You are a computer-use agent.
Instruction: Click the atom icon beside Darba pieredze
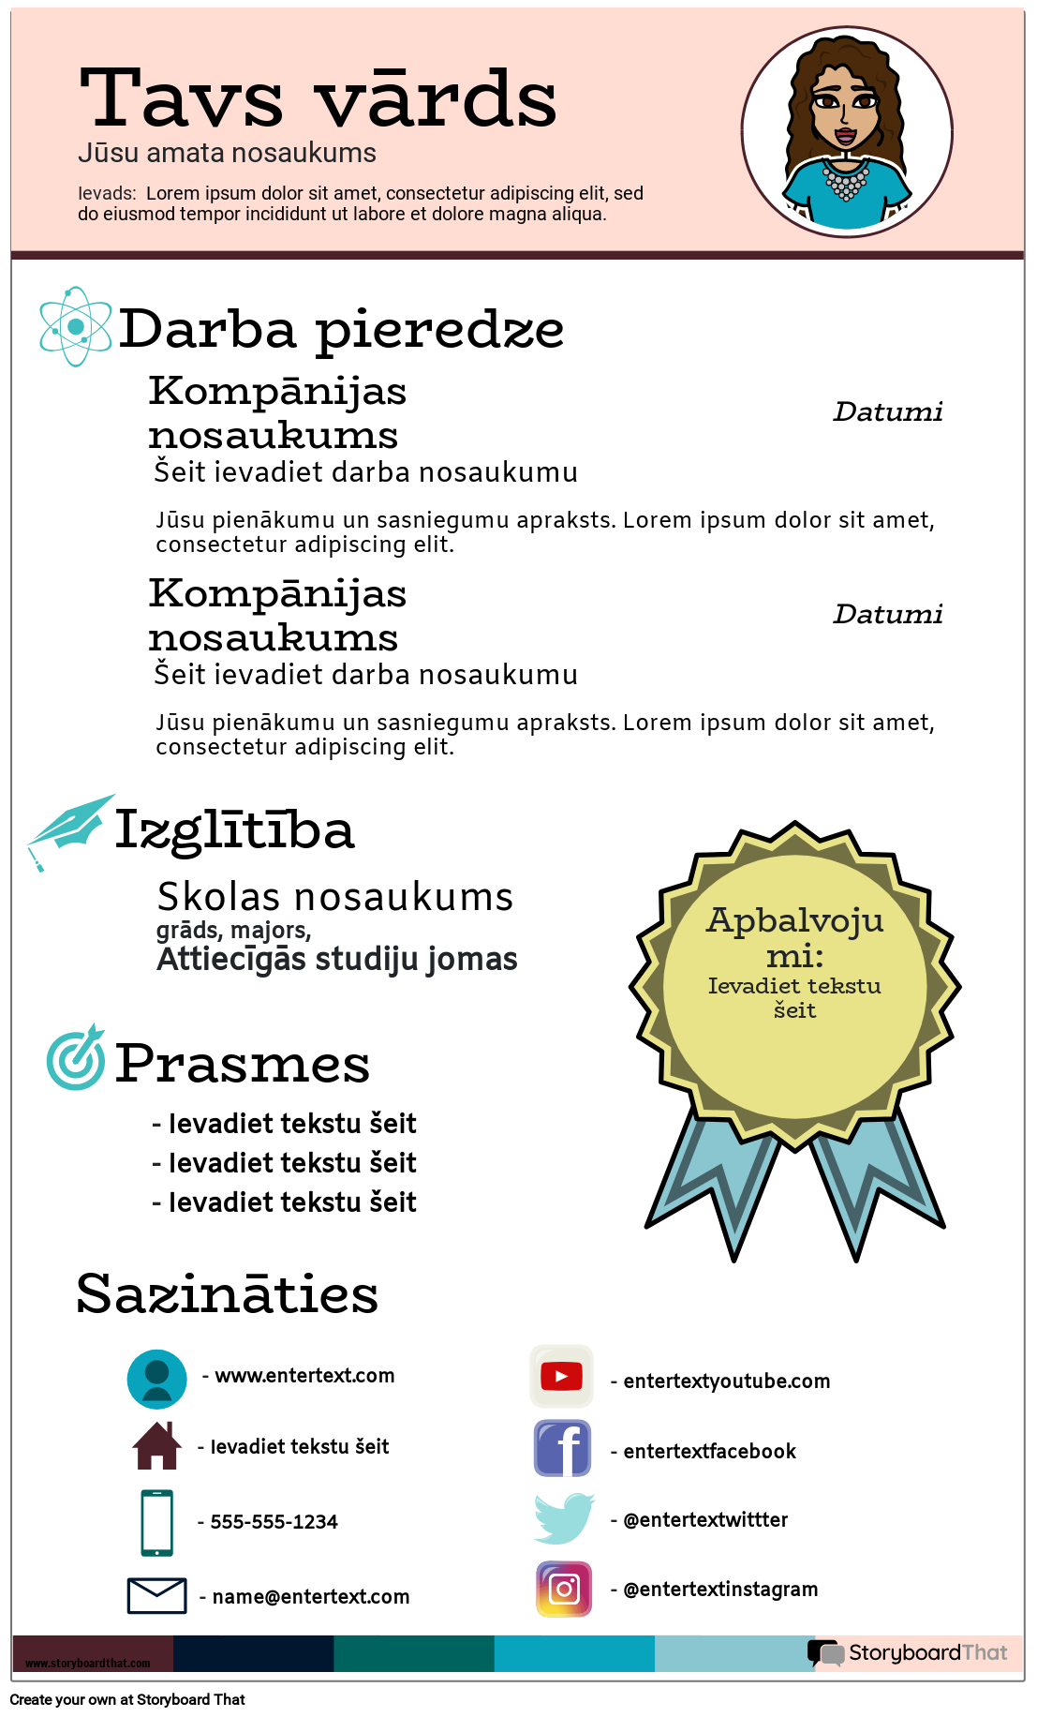coord(75,327)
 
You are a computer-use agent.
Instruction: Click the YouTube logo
coord(561,1376)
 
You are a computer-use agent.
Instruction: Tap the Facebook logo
coord(562,1448)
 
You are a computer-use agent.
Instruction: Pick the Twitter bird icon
coord(563,1518)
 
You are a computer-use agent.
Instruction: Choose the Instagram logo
coord(564,1589)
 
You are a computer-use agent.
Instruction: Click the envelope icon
coord(156,1595)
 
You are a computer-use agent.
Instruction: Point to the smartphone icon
coord(156,1522)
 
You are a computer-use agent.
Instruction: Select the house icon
coord(156,1445)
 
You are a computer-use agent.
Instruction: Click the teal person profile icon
coord(156,1379)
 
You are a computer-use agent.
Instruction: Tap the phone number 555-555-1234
coord(274,1522)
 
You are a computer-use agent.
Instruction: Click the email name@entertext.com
coord(310,1597)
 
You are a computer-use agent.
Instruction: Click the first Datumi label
coord(887,411)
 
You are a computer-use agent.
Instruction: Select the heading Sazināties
coord(228,1294)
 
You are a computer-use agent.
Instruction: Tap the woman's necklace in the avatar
coord(846,179)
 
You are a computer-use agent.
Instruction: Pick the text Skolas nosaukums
coord(334,897)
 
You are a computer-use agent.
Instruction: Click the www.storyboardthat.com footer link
coord(87,1663)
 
